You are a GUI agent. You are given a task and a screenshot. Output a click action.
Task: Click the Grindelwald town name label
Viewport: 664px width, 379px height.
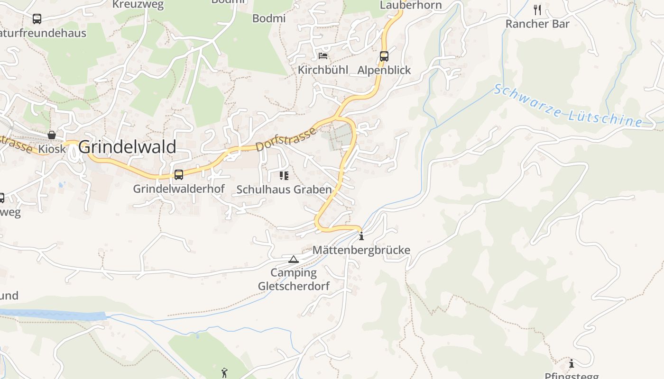pyautogui.click(x=127, y=147)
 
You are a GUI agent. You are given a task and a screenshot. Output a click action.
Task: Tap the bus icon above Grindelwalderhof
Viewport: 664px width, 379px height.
pyautogui.click(x=179, y=175)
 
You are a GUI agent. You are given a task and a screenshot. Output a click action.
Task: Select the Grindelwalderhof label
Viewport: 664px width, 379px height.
pyautogui.click(x=179, y=189)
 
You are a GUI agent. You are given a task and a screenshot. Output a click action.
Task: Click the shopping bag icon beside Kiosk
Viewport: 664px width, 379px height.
pyautogui.click(x=52, y=135)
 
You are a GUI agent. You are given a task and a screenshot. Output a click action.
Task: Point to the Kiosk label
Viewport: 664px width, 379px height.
pyautogui.click(x=52, y=149)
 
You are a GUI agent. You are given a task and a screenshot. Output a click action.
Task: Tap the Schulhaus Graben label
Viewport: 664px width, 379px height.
pyautogui.click(x=284, y=189)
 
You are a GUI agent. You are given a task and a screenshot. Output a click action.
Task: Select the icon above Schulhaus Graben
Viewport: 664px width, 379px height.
pyautogui.click(x=284, y=176)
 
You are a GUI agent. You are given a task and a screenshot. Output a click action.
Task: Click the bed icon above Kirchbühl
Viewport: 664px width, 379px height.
pyautogui.click(x=323, y=56)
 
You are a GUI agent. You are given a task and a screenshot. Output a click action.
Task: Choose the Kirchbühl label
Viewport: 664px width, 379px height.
pyautogui.click(x=323, y=70)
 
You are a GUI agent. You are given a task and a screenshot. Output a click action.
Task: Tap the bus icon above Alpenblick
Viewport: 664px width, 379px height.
pyautogui.click(x=384, y=56)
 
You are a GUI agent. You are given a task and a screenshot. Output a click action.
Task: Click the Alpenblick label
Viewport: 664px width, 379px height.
pyautogui.click(x=384, y=70)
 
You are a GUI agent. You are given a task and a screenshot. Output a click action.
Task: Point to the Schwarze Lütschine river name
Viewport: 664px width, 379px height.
pyautogui.click(x=567, y=106)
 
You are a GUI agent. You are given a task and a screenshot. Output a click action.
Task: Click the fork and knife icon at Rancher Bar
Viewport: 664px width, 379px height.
pyautogui.click(x=537, y=9)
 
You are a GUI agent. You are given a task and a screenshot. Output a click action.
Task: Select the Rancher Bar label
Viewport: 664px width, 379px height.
pyautogui.click(x=537, y=24)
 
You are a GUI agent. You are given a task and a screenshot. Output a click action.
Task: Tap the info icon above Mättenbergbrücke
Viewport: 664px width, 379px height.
pyautogui.click(x=361, y=236)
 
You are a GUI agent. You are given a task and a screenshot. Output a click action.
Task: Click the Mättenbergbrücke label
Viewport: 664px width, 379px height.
pyautogui.click(x=361, y=250)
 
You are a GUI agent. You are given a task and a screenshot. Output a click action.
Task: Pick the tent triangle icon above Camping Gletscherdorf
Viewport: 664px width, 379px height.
pyautogui.click(x=294, y=259)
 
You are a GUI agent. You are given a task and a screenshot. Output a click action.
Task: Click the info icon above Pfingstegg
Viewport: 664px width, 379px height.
pyautogui.click(x=572, y=363)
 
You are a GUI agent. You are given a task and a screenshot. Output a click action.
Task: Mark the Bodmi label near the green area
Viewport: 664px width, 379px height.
pyautogui.click(x=269, y=18)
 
